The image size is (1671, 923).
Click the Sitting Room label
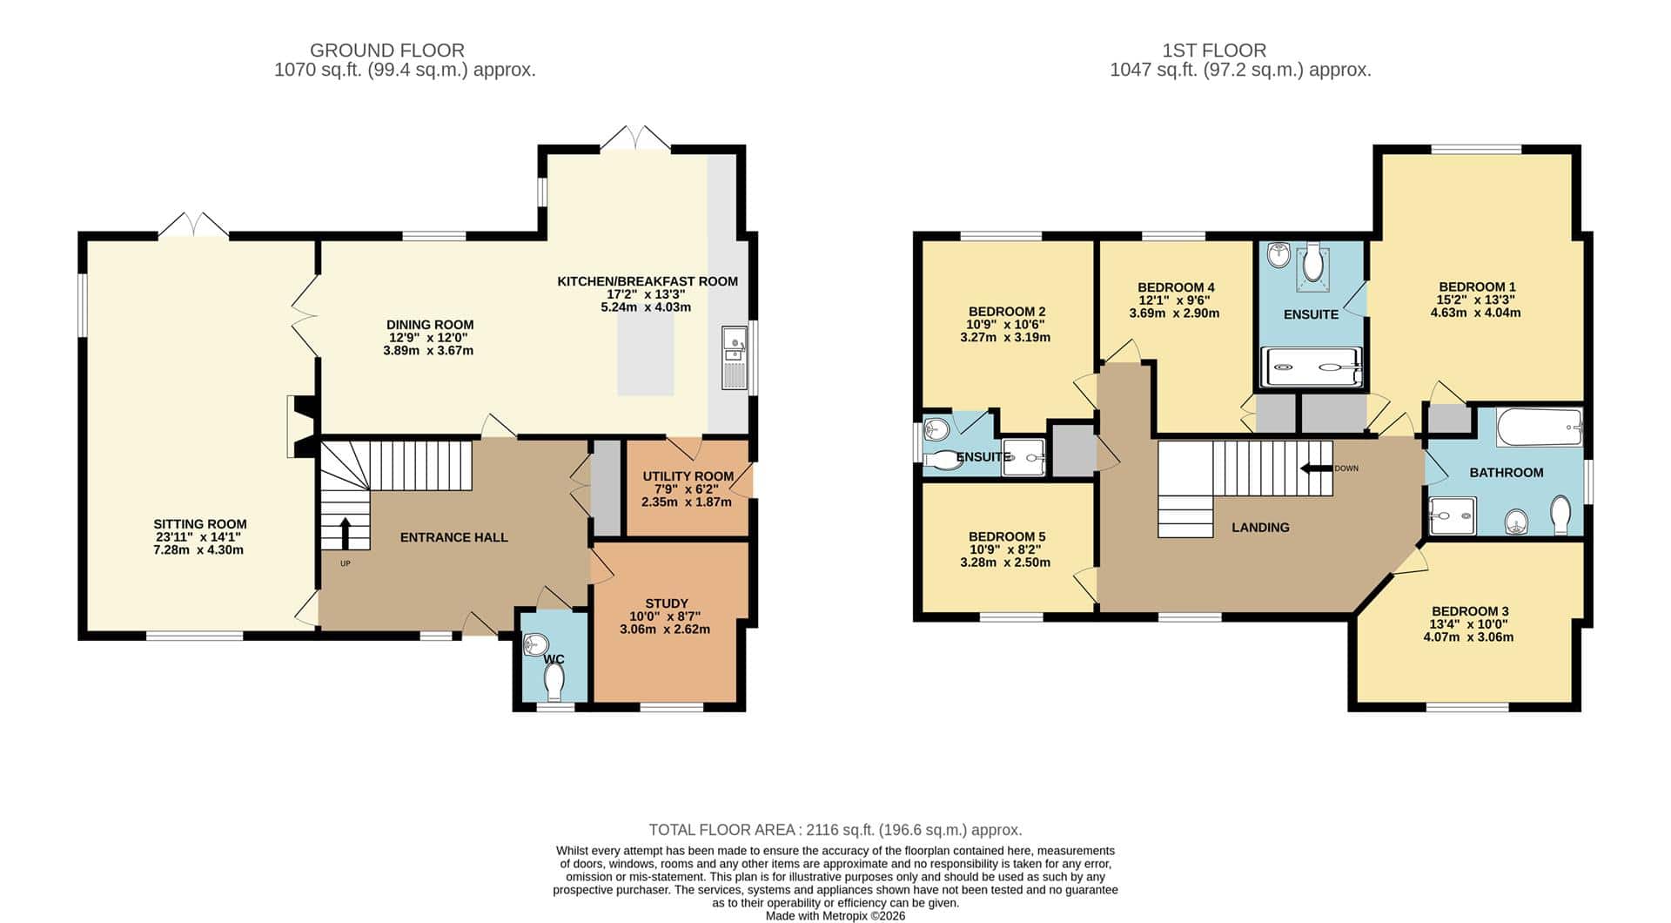(x=200, y=524)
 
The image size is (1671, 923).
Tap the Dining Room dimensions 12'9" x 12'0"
(x=430, y=338)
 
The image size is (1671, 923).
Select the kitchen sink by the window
(x=735, y=358)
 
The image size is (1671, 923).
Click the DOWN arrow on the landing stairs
(x=1316, y=468)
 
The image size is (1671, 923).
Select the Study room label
(x=667, y=603)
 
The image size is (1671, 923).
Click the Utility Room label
(x=688, y=476)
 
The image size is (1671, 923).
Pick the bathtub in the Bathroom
(x=1539, y=427)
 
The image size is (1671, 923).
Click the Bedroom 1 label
(x=1477, y=286)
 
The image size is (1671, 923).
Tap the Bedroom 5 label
(x=1007, y=537)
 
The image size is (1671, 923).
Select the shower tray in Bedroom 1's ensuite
(x=1311, y=367)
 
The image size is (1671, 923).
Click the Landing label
(x=1260, y=528)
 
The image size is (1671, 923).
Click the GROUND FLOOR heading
(x=387, y=51)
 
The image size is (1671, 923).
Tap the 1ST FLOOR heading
(x=1214, y=51)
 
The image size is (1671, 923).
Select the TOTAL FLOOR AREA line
(x=835, y=830)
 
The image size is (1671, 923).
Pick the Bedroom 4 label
(x=1176, y=287)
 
